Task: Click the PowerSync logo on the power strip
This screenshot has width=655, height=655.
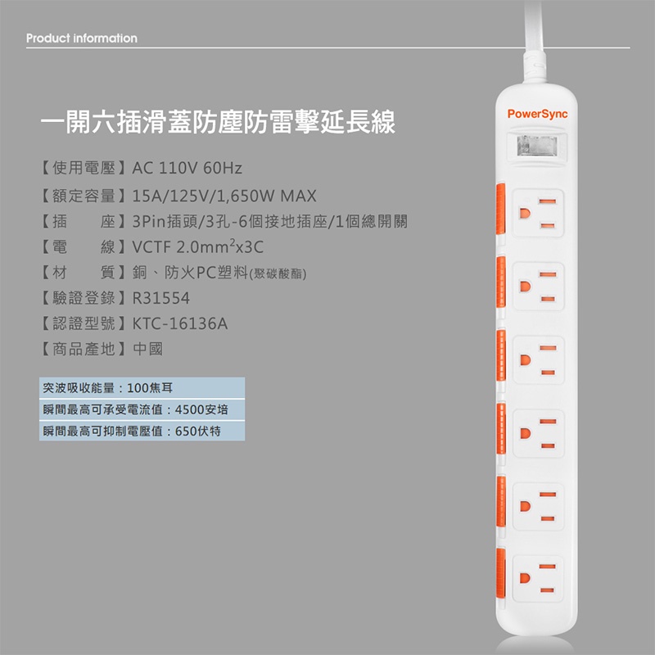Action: click(537, 114)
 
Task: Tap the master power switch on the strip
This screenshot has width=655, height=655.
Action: click(537, 147)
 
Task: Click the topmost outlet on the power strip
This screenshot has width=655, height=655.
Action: click(538, 213)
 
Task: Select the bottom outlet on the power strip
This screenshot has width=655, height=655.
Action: click(538, 579)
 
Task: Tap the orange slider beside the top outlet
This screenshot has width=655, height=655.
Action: click(500, 208)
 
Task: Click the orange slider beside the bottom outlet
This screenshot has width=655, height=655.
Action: click(500, 574)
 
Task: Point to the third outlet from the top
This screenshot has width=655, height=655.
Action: click(538, 359)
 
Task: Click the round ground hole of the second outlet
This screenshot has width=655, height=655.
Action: click(525, 287)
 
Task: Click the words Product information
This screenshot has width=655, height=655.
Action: click(81, 38)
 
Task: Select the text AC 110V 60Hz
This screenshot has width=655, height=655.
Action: click(187, 168)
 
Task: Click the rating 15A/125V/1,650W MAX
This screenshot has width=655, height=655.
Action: click(224, 196)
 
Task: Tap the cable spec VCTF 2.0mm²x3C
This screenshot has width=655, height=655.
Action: click(198, 247)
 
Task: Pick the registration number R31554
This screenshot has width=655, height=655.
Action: click(160, 298)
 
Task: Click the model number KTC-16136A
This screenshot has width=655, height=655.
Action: click(180, 323)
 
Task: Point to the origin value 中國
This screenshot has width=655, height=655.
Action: click(148, 349)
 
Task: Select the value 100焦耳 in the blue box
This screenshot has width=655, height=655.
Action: click(150, 388)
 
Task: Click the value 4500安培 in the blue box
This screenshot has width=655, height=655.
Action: click(201, 409)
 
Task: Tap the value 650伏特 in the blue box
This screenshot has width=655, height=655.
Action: click(198, 431)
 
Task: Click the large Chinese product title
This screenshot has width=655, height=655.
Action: click(218, 122)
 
